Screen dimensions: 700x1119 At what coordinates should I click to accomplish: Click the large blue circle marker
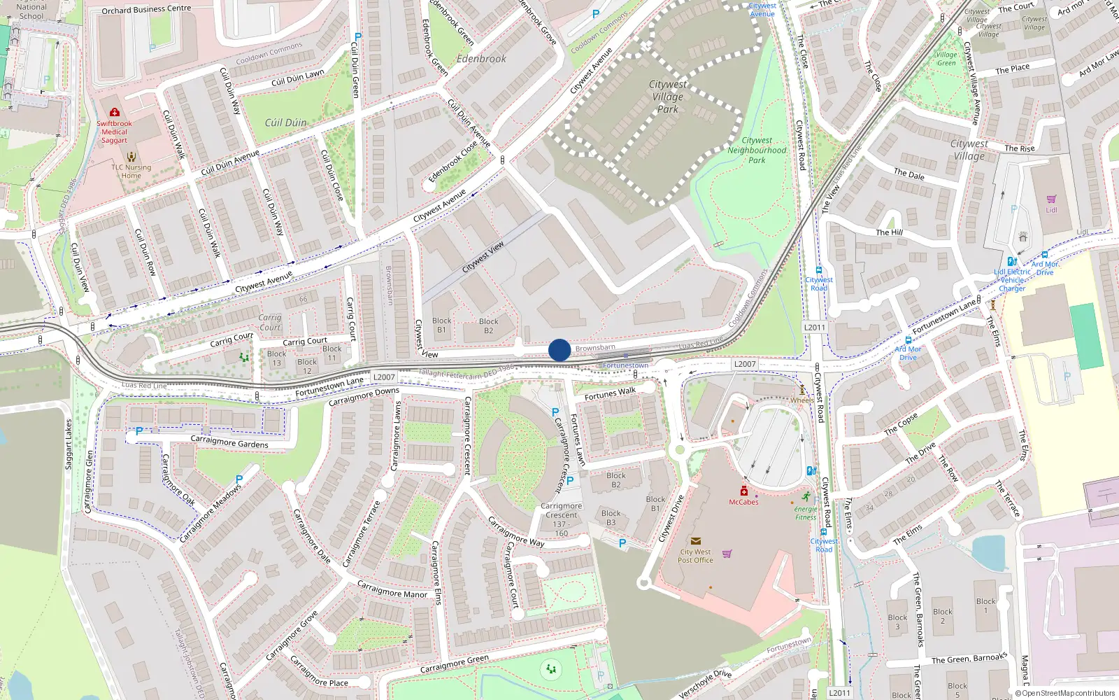559,350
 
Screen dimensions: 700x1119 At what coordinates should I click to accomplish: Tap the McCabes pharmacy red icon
744,491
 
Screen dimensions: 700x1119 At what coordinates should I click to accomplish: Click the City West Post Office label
695,556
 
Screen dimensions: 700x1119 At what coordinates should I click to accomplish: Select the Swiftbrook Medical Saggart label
115,132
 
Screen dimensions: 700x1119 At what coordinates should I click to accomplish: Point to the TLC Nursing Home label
131,171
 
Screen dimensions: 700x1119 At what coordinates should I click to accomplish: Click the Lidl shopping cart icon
1051,199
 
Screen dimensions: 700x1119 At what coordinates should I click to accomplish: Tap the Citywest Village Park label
668,97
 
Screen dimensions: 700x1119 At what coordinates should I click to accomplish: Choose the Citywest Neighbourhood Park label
757,150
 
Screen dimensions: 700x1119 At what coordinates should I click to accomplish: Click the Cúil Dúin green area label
285,122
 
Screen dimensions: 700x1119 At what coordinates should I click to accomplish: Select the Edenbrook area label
481,59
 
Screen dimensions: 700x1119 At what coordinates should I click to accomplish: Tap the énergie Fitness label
806,513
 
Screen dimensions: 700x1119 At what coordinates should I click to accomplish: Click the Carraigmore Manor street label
392,589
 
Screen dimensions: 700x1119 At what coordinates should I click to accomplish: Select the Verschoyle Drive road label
705,683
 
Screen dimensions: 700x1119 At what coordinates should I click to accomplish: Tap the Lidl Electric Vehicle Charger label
1012,280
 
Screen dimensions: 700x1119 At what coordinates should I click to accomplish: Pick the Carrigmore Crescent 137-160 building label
561,519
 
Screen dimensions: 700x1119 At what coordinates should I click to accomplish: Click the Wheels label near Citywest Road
802,400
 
